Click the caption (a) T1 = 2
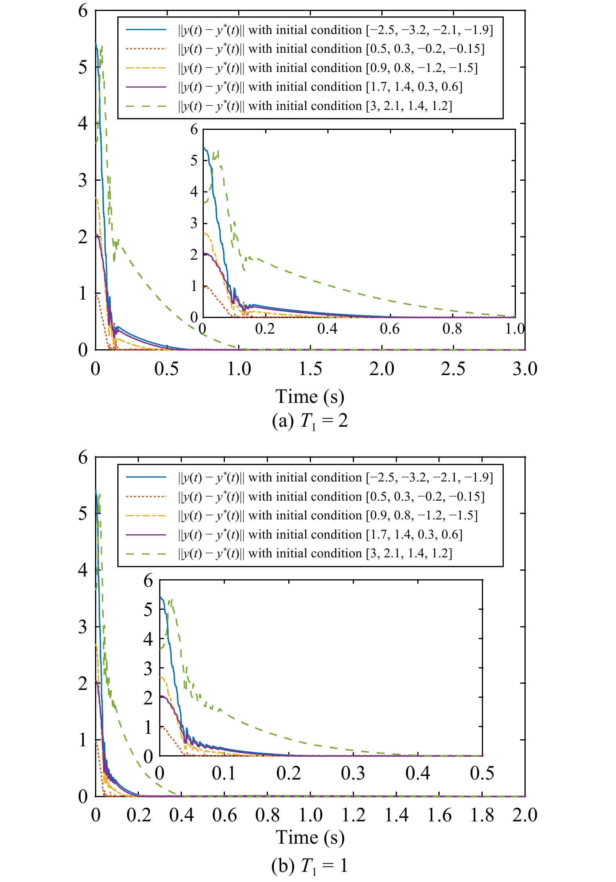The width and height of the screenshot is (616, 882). pyautogui.click(x=310, y=421)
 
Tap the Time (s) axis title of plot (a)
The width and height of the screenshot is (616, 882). pyautogui.click(x=310, y=397)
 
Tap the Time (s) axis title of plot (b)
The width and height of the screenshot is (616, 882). pyautogui.click(x=310, y=837)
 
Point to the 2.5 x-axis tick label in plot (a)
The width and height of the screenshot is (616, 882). pyautogui.click(x=453, y=369)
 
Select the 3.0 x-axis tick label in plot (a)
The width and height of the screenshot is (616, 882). pyautogui.click(x=525, y=369)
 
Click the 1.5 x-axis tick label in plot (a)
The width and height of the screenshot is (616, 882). pyautogui.click(x=310, y=369)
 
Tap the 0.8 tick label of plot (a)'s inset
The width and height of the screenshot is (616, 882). pyautogui.click(x=452, y=329)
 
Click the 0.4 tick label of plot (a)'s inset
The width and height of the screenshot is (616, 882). pyautogui.click(x=327, y=329)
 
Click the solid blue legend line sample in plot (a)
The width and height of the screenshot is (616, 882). pyautogui.click(x=146, y=30)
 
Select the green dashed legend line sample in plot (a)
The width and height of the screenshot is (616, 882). pyautogui.click(x=146, y=106)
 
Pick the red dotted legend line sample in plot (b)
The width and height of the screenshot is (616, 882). pyautogui.click(x=146, y=497)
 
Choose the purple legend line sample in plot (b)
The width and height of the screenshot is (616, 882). pyautogui.click(x=146, y=535)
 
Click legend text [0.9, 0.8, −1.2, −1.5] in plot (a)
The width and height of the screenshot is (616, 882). pyautogui.click(x=422, y=68)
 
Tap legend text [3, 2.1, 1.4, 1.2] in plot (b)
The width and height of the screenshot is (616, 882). pyautogui.click(x=409, y=554)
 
